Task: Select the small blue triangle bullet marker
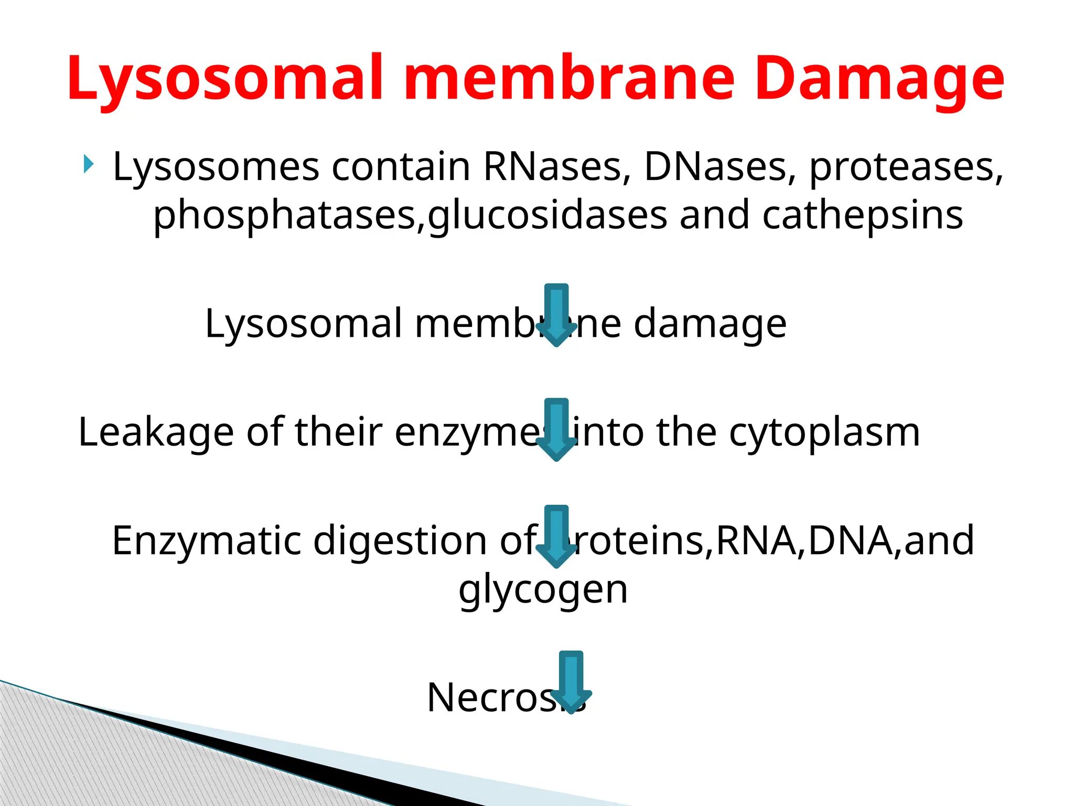(88, 165)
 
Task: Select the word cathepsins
(863, 215)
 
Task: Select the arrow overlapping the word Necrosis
(571, 683)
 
